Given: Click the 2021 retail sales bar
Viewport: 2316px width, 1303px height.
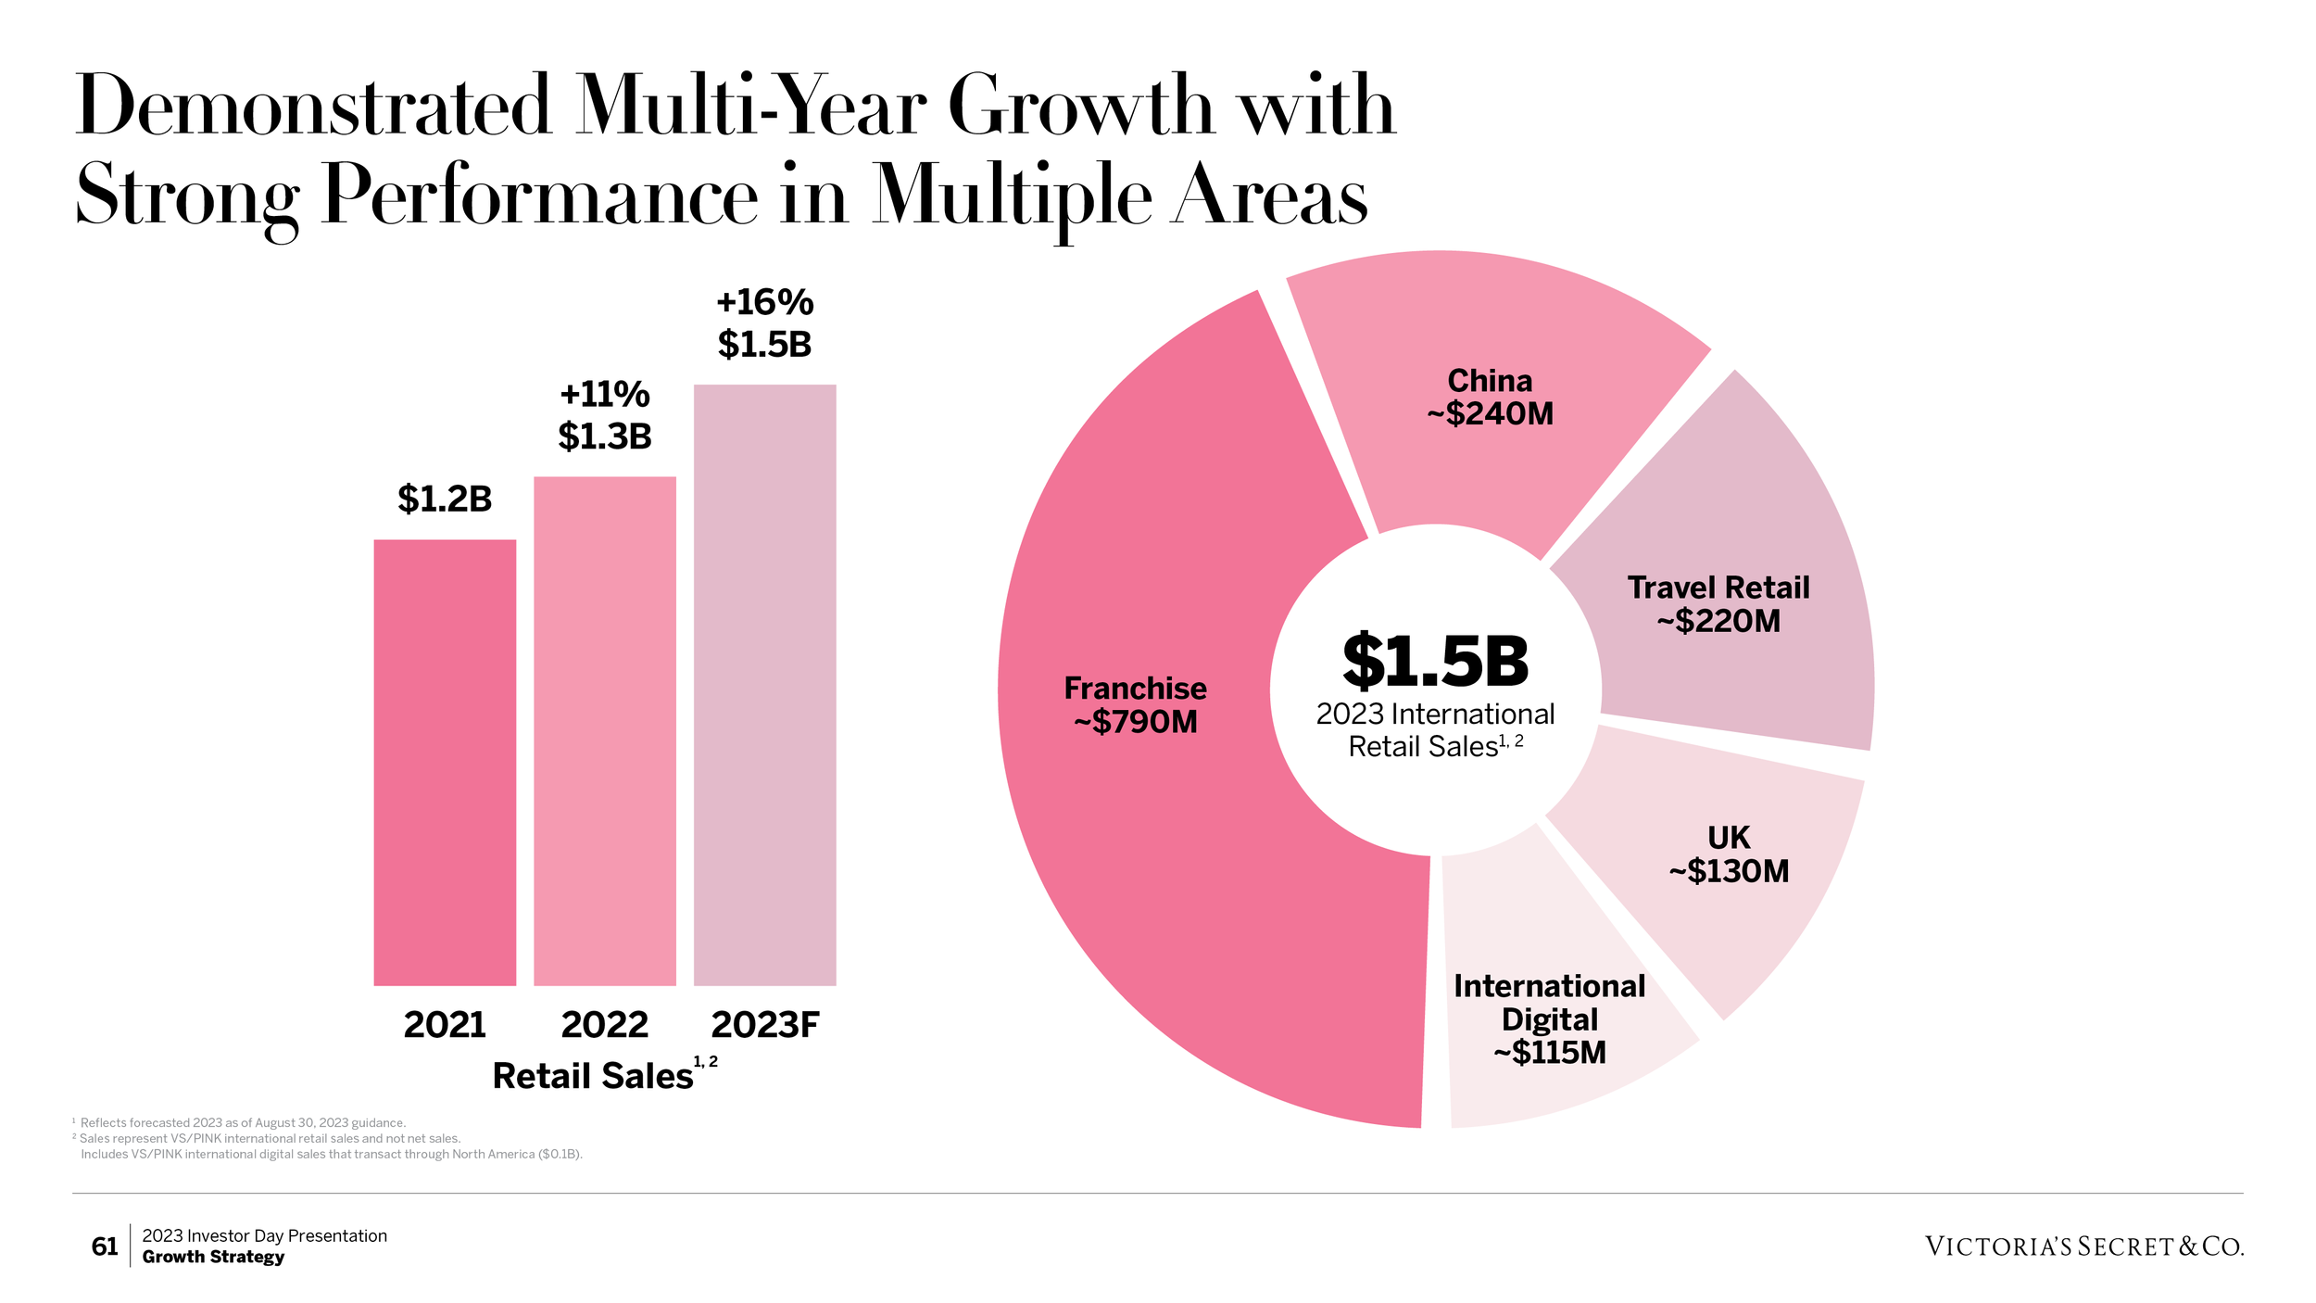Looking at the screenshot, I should pyautogui.click(x=445, y=762).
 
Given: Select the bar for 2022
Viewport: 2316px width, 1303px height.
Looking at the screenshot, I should pyautogui.click(x=605, y=730).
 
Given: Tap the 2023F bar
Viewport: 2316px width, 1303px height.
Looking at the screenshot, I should pyautogui.click(x=764, y=684).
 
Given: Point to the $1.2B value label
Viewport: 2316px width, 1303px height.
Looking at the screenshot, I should pyautogui.click(x=445, y=499).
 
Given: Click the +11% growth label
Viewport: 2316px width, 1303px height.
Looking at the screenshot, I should pyautogui.click(x=605, y=395).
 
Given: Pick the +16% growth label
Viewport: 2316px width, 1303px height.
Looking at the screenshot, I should pyautogui.click(x=764, y=302).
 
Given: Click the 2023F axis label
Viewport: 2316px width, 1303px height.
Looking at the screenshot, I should pyautogui.click(x=764, y=1025).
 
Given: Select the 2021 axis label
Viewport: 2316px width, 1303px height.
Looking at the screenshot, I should pyautogui.click(x=445, y=1025).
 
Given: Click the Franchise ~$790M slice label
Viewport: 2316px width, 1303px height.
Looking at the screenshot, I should pyautogui.click(x=1135, y=704).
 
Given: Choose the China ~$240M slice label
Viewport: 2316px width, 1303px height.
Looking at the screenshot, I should pyautogui.click(x=1490, y=397).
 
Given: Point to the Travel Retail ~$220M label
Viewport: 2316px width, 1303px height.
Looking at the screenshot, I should pyautogui.click(x=1718, y=604).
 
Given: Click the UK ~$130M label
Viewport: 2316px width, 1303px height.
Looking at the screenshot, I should pyautogui.click(x=1729, y=854).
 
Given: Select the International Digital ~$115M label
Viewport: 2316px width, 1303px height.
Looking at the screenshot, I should pyautogui.click(x=1549, y=1018).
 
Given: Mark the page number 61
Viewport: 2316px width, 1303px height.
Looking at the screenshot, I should pyautogui.click(x=105, y=1246).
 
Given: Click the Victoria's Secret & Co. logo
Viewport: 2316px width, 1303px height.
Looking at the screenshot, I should pyautogui.click(x=2083, y=1246).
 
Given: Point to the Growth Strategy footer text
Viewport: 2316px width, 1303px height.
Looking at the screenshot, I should pyautogui.click(x=213, y=1258).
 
